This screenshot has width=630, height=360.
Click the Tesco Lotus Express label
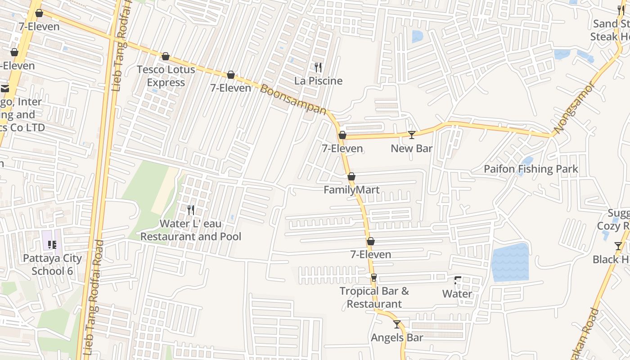click(x=166, y=76)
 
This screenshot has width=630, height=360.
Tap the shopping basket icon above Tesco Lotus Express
click(x=166, y=57)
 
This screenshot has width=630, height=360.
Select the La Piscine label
click(x=318, y=81)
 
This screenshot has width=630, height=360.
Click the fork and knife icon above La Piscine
click(x=318, y=67)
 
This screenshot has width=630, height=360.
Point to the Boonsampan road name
click(x=293, y=99)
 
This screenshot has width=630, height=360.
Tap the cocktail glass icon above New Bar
click(x=411, y=135)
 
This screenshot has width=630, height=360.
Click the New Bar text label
click(x=411, y=148)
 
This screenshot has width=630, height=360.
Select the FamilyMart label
click(x=351, y=190)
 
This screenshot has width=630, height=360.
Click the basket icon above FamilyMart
click(x=351, y=176)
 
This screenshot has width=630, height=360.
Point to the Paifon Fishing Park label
click(x=531, y=169)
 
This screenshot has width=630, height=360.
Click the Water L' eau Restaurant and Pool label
click(x=191, y=230)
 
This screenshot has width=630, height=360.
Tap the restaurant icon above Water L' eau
click(x=191, y=210)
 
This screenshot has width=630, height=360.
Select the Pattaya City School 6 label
click(x=52, y=265)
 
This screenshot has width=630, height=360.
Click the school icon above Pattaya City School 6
click(x=52, y=245)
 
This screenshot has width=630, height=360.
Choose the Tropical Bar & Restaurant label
click(x=374, y=297)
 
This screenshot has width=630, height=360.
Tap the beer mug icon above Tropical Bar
click(x=373, y=278)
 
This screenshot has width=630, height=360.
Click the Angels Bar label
click(x=397, y=337)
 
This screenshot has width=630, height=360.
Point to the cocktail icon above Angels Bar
click(x=396, y=324)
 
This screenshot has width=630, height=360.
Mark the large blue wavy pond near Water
click(x=510, y=262)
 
